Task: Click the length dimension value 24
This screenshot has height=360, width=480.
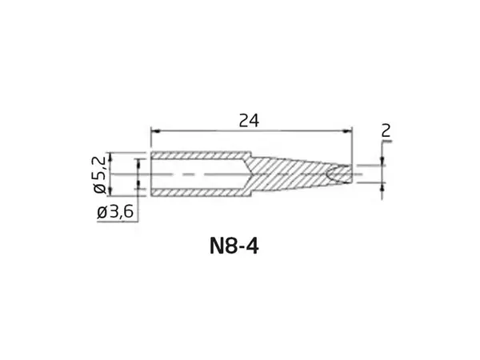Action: point(250,120)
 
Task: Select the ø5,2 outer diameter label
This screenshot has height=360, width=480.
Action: point(101,174)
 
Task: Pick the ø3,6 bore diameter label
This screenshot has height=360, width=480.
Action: point(115,213)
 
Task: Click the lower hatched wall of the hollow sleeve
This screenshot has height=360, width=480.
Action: point(200,190)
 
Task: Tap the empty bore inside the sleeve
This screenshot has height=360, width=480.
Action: point(200,174)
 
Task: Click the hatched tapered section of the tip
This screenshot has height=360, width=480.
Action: point(296,174)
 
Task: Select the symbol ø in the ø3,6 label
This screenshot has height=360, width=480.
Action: point(102,213)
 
